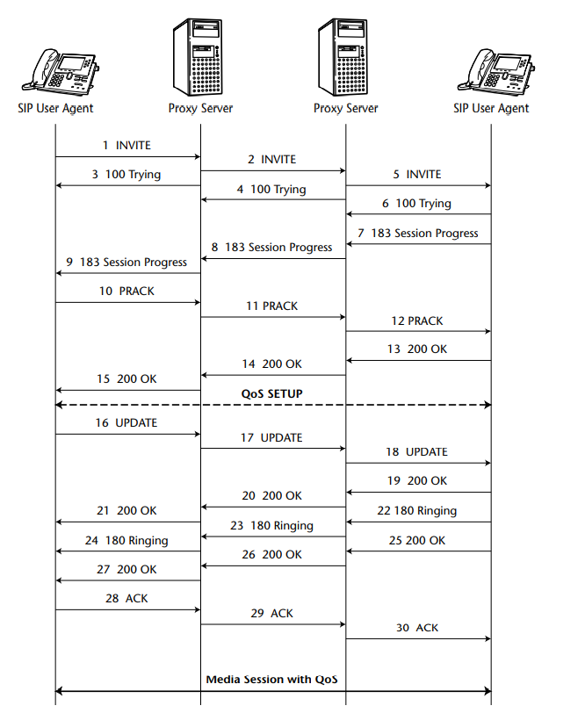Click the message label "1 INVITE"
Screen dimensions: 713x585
click(x=126, y=145)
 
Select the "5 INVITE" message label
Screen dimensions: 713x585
click(x=417, y=174)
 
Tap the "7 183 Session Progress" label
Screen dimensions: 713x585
click(x=418, y=233)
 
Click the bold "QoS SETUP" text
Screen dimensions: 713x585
click(x=272, y=393)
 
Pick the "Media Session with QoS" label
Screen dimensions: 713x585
click(x=271, y=679)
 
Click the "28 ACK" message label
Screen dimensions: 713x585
click(x=126, y=598)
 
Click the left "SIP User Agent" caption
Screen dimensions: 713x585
click(x=55, y=108)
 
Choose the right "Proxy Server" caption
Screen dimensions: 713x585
click(x=346, y=108)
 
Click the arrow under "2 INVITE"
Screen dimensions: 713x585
click(x=272, y=171)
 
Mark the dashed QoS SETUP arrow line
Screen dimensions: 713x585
click(x=272, y=405)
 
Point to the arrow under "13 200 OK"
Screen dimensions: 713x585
click(x=418, y=361)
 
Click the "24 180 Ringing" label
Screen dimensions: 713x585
click(x=126, y=540)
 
